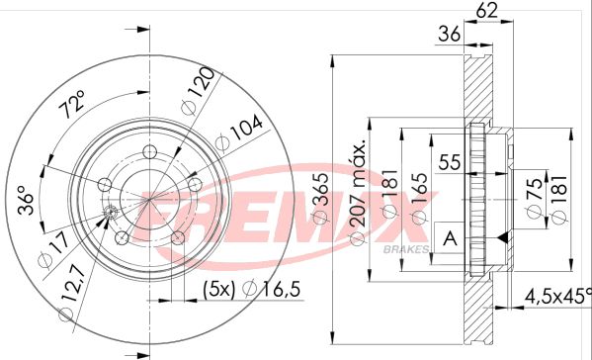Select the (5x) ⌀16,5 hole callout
pyautogui.click(x=251, y=289)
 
